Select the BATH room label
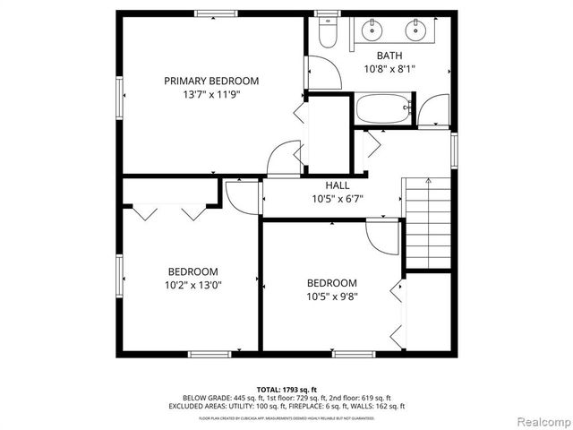389,56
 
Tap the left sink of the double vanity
371,31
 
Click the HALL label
338,185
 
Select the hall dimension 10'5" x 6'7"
338,198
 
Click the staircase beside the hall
428,219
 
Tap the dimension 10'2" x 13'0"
192,285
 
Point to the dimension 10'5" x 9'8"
331,296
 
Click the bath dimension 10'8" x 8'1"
389,68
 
